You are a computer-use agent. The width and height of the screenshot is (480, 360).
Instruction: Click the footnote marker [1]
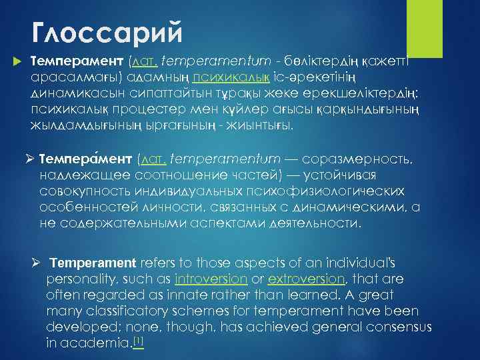[x=139, y=341]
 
